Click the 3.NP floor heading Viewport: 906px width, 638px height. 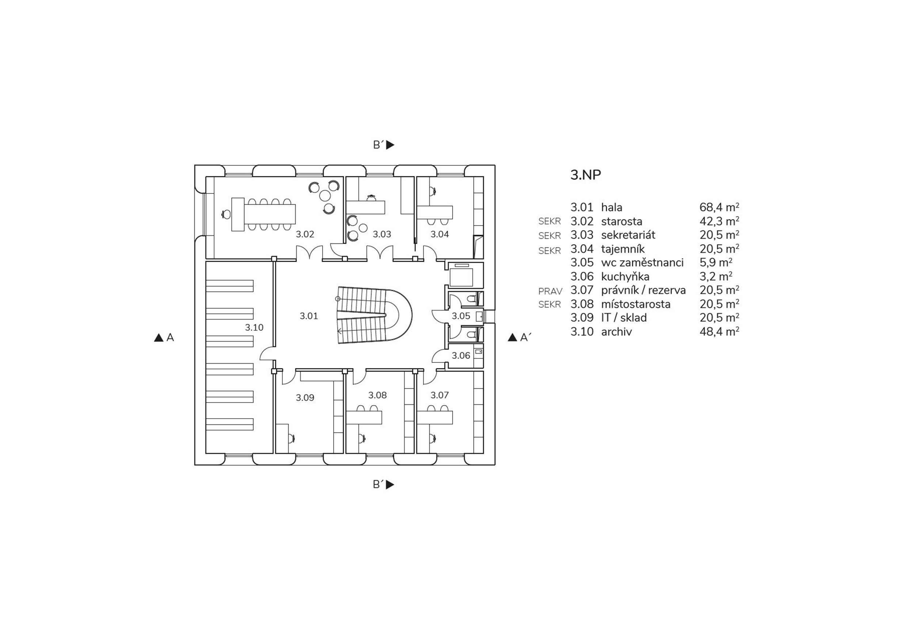pos(586,175)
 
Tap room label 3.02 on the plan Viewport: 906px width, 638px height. pos(305,234)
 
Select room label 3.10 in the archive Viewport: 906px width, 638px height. pos(254,327)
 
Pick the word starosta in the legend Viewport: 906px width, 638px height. pos(621,221)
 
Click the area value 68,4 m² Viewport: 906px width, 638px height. pos(719,207)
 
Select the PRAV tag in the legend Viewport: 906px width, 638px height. pos(550,291)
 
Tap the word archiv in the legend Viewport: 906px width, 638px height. pos(616,332)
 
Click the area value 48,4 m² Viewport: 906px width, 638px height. pos(719,332)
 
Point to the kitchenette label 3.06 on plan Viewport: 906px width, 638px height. pos(461,355)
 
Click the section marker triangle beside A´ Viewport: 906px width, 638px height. pos(512,337)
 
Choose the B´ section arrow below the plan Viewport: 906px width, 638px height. pos(390,485)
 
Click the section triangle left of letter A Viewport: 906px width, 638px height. pos(159,338)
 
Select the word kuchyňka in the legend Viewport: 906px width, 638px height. pos(625,276)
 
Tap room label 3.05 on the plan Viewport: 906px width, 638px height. pos(461,316)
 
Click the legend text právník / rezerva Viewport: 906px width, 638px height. pos(643,290)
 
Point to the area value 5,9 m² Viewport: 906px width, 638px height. pos(716,262)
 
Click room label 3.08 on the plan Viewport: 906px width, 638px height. pos(378,395)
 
